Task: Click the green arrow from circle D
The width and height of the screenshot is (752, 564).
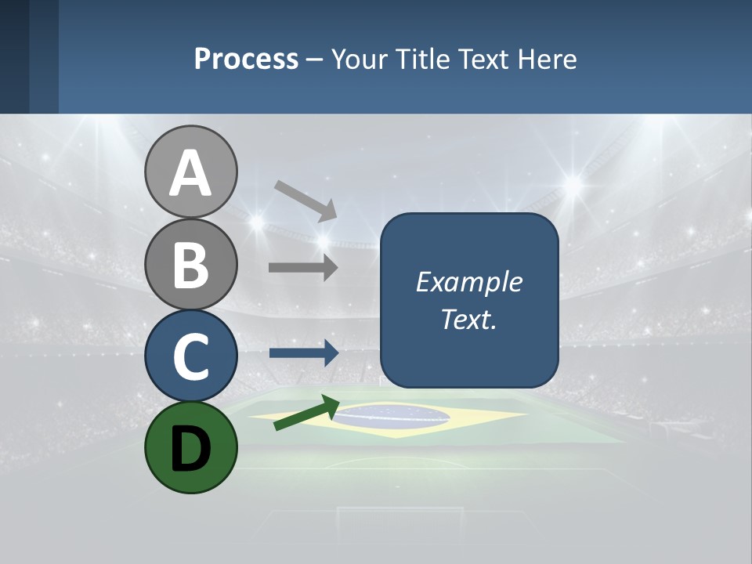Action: click(x=306, y=413)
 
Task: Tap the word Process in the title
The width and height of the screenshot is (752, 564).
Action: click(x=246, y=60)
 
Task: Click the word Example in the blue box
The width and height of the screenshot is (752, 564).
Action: click(x=468, y=282)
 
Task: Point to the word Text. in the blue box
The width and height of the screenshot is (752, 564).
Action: click(x=468, y=319)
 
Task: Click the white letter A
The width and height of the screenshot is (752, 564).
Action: click(x=190, y=174)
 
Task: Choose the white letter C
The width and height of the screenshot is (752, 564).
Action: click(x=190, y=356)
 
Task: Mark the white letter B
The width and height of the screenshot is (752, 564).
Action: click(x=190, y=265)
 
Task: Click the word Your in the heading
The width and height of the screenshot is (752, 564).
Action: click(x=360, y=60)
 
